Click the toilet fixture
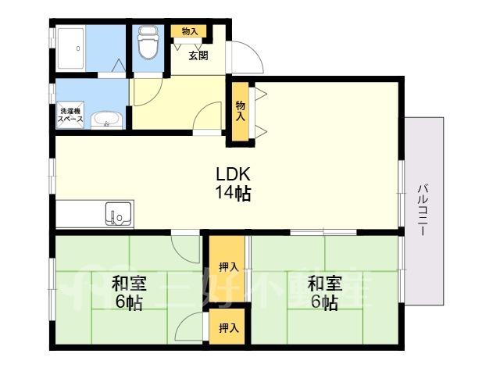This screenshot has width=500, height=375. tap(148, 43)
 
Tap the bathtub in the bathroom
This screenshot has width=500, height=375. tap(71, 48)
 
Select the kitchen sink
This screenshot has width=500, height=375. tap(118, 213)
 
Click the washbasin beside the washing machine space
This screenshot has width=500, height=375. tap(106, 120)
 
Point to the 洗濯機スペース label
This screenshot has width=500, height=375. tap(70, 115)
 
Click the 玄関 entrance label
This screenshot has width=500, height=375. tap(198, 55)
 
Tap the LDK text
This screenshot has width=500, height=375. tap(233, 174)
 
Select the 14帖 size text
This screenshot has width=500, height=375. tap(233, 193)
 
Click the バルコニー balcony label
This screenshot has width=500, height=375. tap(423, 209)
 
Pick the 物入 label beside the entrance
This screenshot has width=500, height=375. tap(189, 31)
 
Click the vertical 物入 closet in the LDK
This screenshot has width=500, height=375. tap(240, 111)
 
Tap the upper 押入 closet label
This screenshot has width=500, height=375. tap(229, 267)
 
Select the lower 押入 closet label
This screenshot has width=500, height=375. tap(229, 327)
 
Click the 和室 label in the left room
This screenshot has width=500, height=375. tap(128, 284)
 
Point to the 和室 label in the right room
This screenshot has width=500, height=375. tap(324, 284)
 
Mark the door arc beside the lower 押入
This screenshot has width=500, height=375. tap(185, 321)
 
